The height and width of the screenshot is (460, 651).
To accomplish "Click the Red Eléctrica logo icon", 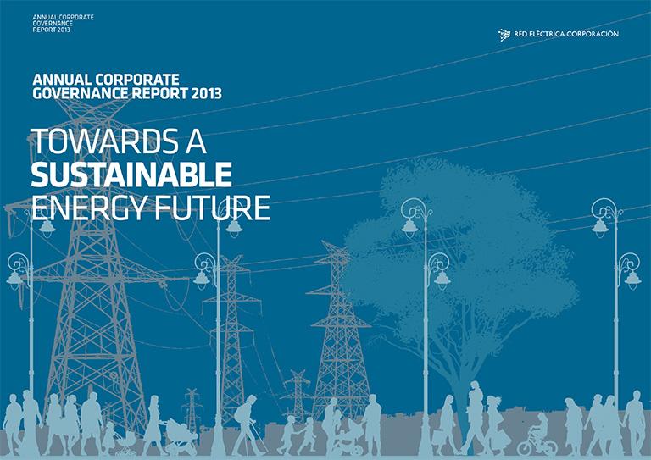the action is [x=504, y=35].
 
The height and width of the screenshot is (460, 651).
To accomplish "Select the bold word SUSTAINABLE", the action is [x=131, y=175].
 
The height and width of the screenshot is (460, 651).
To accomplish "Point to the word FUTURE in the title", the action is [x=213, y=208].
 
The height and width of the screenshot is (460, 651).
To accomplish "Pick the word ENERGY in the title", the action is [x=89, y=208].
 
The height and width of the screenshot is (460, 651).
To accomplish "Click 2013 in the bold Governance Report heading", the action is [x=206, y=93].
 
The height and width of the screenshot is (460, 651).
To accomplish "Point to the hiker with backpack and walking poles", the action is [x=248, y=425].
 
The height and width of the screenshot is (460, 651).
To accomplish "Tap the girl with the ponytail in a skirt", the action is [x=494, y=425].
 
